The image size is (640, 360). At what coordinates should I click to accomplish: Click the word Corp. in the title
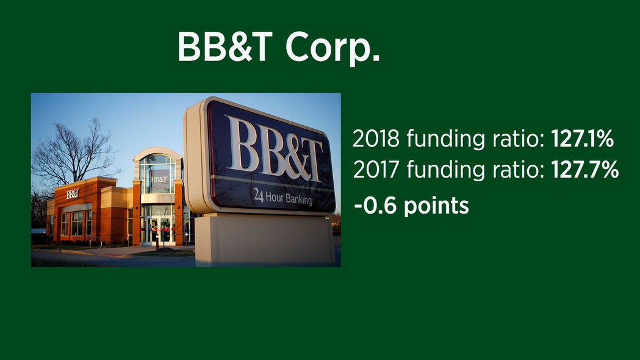(333, 48)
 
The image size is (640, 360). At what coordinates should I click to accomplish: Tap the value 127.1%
(583, 139)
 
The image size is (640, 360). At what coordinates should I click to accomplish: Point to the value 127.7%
(585, 170)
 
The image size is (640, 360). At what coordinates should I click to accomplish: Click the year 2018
(376, 139)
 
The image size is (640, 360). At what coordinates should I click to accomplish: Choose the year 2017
(376, 170)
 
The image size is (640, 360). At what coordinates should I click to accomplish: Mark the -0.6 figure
(375, 205)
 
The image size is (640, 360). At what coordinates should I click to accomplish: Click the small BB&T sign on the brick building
(73, 194)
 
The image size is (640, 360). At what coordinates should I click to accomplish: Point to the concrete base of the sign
(265, 241)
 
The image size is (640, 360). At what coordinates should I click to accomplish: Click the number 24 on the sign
(258, 195)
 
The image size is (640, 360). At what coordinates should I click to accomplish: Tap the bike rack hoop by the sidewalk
(96, 242)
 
